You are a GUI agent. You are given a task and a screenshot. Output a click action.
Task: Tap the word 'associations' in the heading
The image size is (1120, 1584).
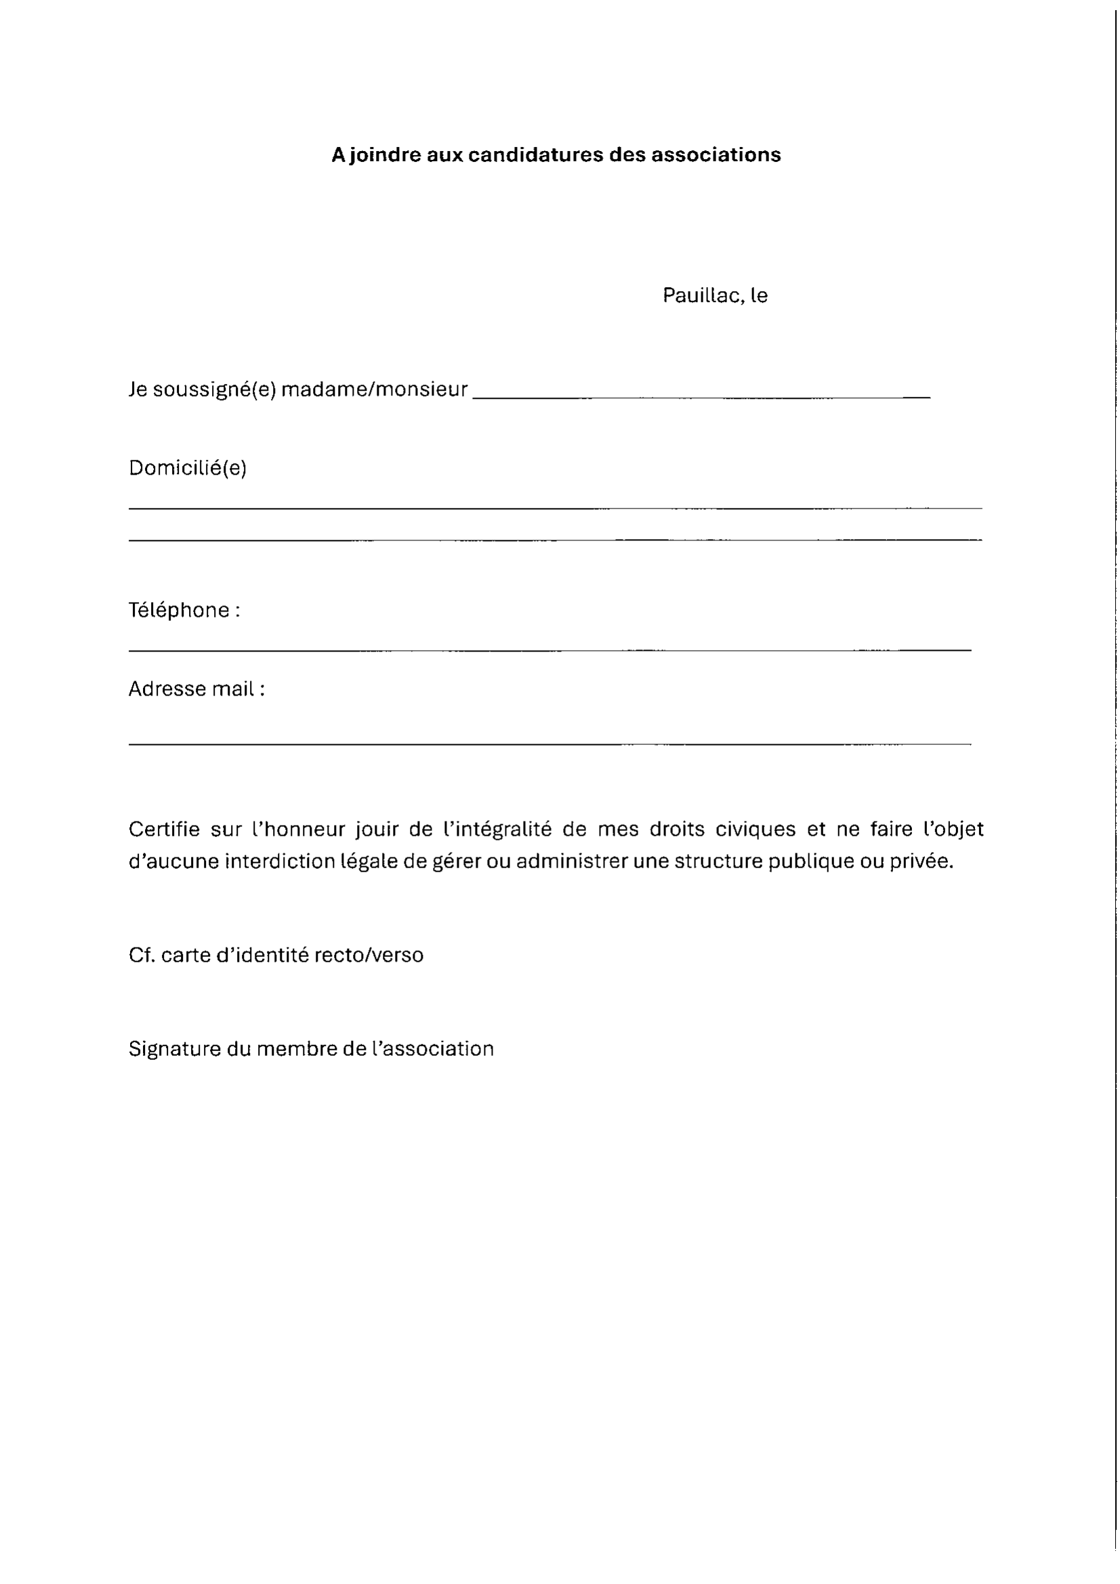715,154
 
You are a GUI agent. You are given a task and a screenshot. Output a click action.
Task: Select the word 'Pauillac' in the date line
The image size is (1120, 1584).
702,295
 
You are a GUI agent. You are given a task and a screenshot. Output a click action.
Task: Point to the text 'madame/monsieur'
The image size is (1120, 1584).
374,390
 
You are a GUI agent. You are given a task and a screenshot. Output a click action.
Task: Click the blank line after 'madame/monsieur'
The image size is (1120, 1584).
701,397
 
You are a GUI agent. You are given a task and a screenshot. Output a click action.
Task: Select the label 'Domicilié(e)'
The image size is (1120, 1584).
188,468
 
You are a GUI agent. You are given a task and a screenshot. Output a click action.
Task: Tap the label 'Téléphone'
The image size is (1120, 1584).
179,610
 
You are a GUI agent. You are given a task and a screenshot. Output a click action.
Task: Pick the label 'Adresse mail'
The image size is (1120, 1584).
191,689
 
